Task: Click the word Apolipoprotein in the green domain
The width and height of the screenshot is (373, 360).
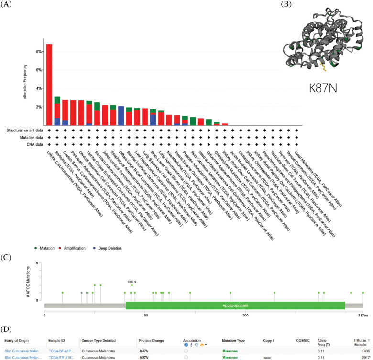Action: pos(235,305)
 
